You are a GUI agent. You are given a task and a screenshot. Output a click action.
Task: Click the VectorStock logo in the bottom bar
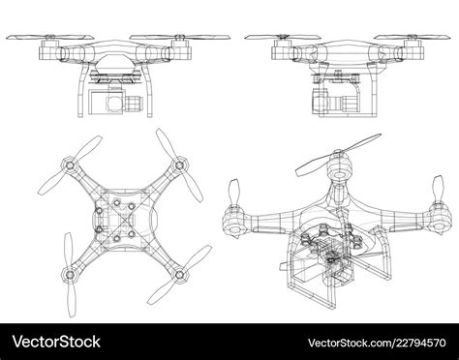[56, 344]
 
